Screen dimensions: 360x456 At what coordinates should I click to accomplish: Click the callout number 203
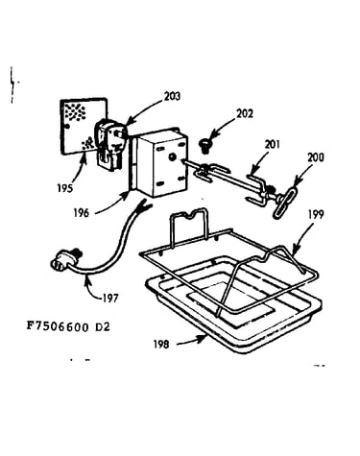[172, 96]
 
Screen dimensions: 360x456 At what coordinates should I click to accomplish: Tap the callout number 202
[245, 114]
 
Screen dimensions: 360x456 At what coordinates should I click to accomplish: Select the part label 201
[272, 145]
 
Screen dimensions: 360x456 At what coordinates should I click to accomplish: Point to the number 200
[316, 157]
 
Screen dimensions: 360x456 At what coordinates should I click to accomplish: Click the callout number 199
[316, 214]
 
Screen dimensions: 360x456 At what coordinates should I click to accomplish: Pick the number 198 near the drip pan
[161, 345]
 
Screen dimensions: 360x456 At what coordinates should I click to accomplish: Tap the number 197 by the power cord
[110, 299]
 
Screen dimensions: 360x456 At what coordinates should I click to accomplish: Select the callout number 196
[82, 213]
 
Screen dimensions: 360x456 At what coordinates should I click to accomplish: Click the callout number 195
[65, 188]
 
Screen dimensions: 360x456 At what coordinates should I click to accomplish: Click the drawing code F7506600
[58, 326]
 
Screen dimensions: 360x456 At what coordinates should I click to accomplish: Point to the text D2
[103, 326]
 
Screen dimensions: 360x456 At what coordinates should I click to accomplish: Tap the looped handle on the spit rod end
[284, 204]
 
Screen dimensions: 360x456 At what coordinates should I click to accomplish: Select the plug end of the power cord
[64, 259]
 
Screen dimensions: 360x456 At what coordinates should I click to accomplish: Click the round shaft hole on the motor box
[172, 156]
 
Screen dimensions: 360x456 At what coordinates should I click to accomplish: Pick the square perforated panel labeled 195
[84, 126]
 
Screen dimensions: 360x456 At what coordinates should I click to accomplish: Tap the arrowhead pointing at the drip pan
[203, 339]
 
